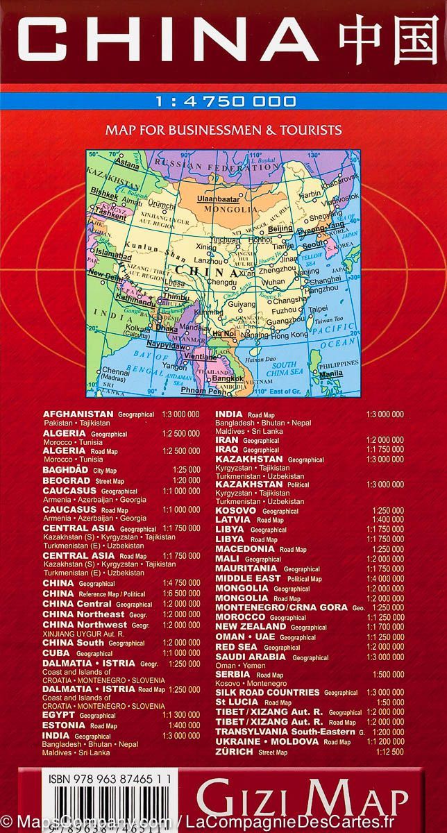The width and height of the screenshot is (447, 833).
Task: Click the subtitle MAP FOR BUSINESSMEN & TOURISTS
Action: (223, 129)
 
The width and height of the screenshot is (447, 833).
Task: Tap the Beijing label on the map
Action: (280, 228)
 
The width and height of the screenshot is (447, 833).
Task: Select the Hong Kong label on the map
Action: (289, 335)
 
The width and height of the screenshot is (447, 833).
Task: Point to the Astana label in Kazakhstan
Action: (126, 165)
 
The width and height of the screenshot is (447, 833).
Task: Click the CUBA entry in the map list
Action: (58, 653)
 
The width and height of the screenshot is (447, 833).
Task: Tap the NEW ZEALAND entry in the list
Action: (251, 626)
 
